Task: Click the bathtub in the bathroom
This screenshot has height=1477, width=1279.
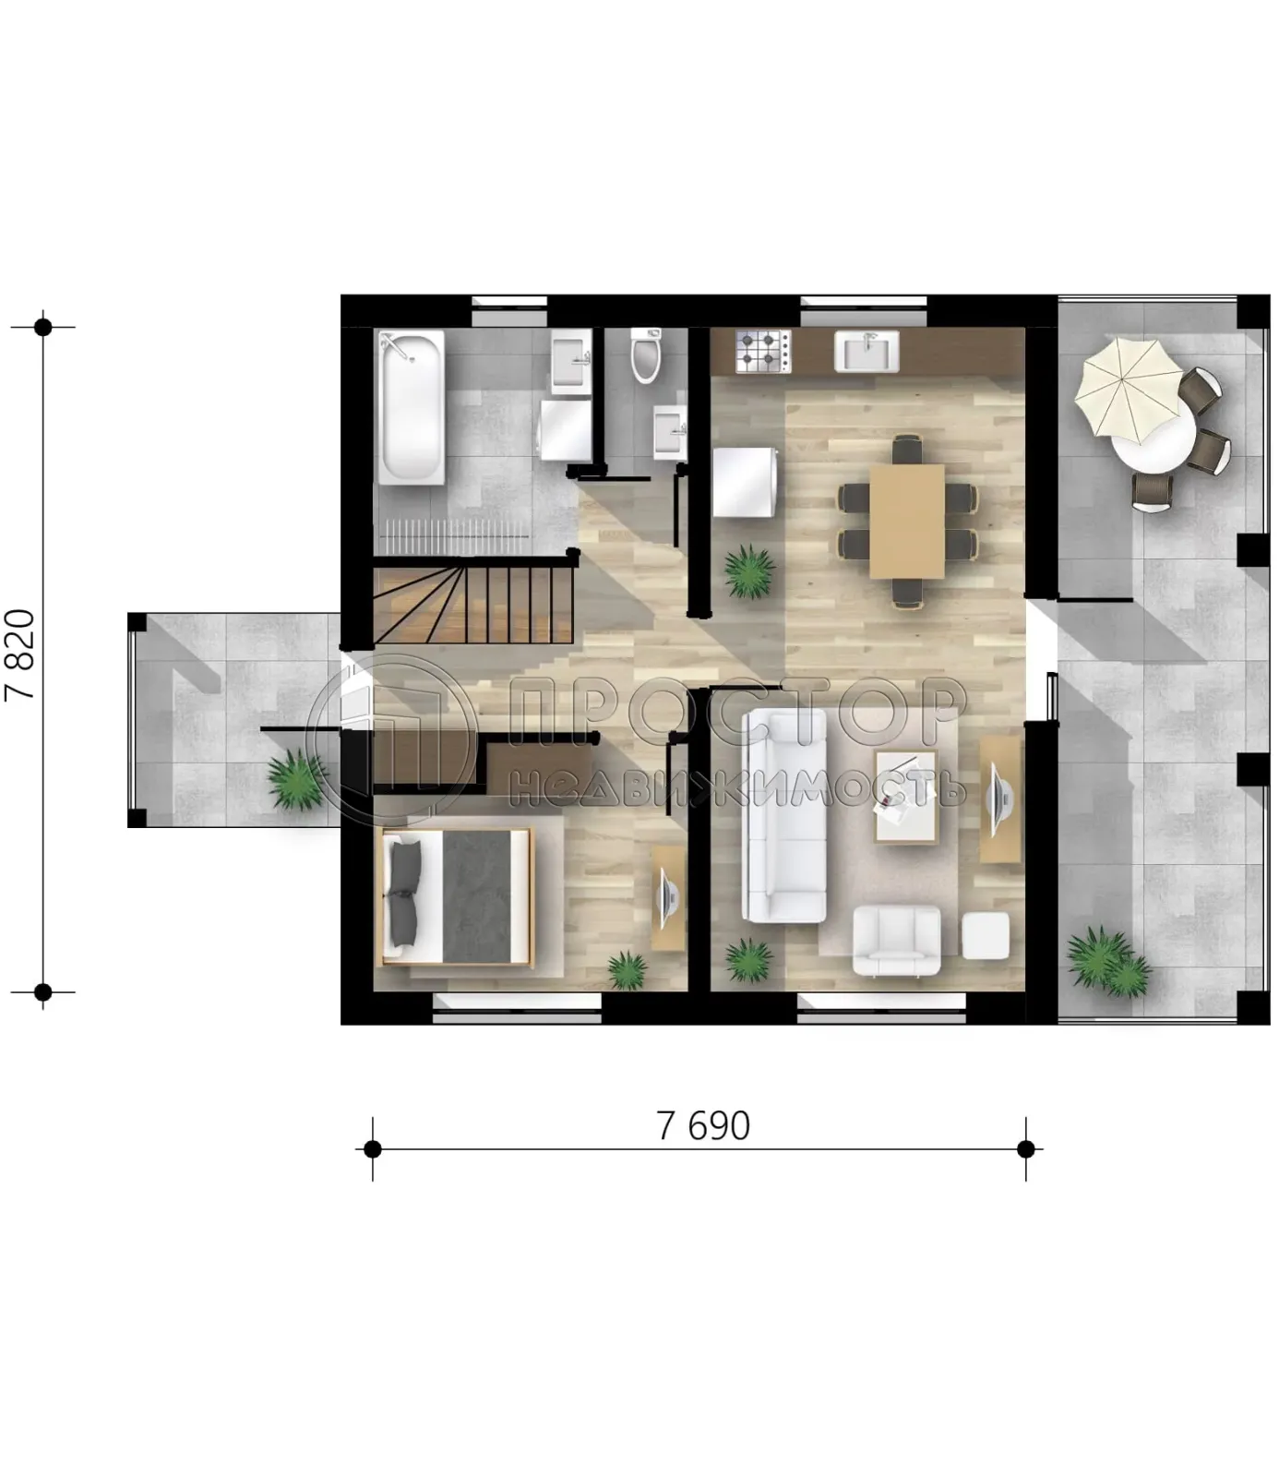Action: pos(412,406)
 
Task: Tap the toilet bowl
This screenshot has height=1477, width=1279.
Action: pos(646,355)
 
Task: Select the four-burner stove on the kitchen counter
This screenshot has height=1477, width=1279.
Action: pos(763,352)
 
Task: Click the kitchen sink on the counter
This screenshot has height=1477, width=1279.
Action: pos(867,352)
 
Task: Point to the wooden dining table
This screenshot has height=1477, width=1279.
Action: pos(907,521)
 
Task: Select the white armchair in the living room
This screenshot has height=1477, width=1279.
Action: pos(896,940)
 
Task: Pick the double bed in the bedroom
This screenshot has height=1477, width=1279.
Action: pos(458,896)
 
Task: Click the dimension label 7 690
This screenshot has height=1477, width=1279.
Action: pos(703,1126)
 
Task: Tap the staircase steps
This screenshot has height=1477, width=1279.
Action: pos(474,606)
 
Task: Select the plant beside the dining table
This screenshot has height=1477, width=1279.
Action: pos(748,572)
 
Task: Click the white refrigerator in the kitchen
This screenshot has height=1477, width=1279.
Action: pos(744,483)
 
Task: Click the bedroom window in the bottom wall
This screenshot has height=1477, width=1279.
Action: pos(518,1008)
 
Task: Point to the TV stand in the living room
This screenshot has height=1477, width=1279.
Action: pos(999,799)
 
